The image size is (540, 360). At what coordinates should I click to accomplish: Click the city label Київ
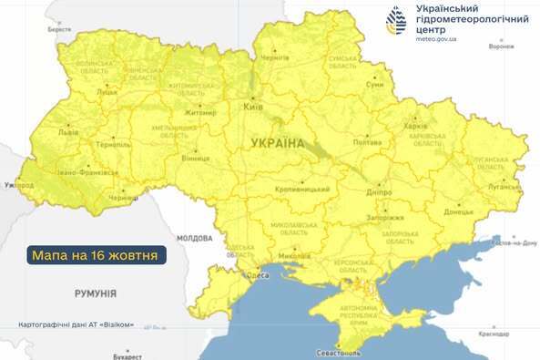point(253,108)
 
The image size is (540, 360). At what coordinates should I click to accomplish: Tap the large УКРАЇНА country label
point(273,143)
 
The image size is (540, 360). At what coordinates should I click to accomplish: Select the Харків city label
point(415,125)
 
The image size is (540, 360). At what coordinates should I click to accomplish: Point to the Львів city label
point(68,132)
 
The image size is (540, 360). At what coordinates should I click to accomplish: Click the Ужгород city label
point(18,185)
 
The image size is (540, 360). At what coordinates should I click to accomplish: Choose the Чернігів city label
point(275,57)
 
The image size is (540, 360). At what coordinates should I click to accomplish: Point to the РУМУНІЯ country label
point(95,293)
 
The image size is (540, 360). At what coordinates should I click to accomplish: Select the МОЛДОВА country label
point(194,238)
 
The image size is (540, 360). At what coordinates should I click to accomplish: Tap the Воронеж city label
point(502,46)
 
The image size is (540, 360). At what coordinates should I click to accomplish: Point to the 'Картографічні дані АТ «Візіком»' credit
point(82,325)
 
